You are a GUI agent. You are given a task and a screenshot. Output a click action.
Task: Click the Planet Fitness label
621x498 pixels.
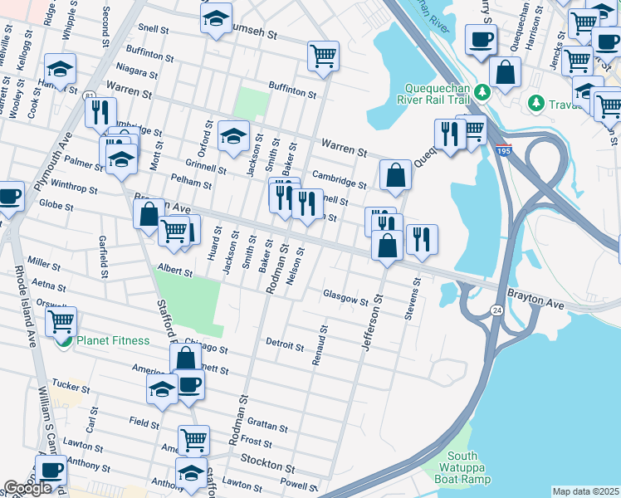(x=113, y=341)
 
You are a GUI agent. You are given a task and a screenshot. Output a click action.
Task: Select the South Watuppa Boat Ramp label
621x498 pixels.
(x=462, y=467)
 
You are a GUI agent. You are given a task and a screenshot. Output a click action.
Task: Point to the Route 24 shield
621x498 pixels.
(x=496, y=310)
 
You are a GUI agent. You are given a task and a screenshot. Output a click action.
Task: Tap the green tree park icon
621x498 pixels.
(x=536, y=102)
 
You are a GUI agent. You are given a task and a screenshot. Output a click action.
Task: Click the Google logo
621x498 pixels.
(x=27, y=488)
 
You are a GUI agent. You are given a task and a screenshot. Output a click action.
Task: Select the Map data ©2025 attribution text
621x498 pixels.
(x=585, y=491)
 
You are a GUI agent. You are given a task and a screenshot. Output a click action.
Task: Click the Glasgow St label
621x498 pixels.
(x=345, y=299)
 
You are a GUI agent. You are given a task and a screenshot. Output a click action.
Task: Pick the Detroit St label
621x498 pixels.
(x=286, y=344)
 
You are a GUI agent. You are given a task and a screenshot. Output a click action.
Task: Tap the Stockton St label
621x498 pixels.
(x=267, y=458)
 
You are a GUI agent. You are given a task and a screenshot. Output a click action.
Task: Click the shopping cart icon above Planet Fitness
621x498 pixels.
(x=61, y=320)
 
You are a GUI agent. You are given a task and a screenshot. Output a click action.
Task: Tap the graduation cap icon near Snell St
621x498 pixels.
(x=217, y=18)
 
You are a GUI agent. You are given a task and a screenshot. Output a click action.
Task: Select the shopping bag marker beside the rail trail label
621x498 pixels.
(x=505, y=71)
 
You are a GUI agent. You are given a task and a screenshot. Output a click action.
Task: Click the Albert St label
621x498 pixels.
(x=175, y=271)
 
